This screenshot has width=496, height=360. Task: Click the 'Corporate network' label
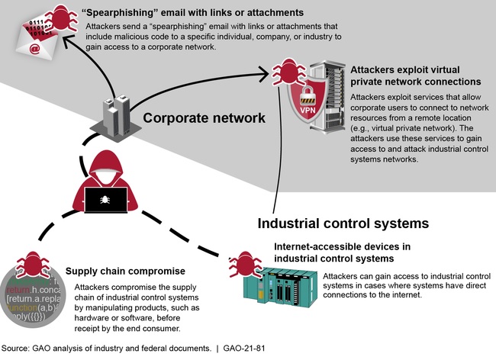pos(204,118)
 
